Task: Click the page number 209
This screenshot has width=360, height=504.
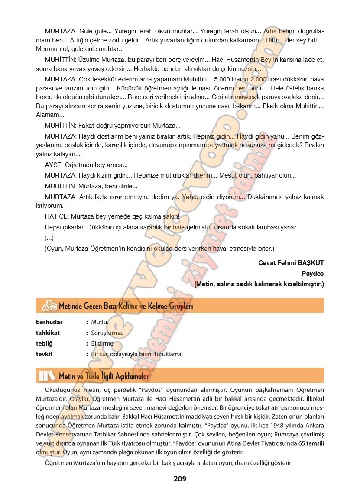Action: coord(180,478)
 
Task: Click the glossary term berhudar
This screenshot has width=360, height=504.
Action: coord(49,322)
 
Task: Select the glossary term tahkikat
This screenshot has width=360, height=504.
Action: coord(48,333)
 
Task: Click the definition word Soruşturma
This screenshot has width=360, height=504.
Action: coord(107,333)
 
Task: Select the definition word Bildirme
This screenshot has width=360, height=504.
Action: coord(103,343)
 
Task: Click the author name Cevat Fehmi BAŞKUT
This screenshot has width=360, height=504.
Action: coord(291,263)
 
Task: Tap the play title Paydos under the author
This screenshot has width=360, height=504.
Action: coord(313,274)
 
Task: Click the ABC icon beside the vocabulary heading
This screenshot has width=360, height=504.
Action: coord(49,306)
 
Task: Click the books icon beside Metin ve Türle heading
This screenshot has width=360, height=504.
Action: coord(47,375)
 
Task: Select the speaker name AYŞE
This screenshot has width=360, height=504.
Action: coord(53,165)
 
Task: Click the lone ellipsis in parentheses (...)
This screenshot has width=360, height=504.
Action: coord(49,238)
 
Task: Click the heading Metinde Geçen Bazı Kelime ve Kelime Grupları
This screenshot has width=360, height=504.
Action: coord(126,306)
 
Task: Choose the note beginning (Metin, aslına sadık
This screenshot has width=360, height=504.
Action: coord(259,284)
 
